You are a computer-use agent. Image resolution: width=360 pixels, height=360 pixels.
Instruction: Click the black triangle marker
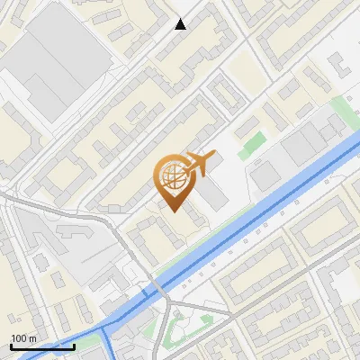click(181, 24)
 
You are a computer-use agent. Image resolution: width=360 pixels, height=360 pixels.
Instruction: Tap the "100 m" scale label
click(23, 337)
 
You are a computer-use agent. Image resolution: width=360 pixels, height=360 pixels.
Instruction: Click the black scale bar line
click(41, 346)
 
